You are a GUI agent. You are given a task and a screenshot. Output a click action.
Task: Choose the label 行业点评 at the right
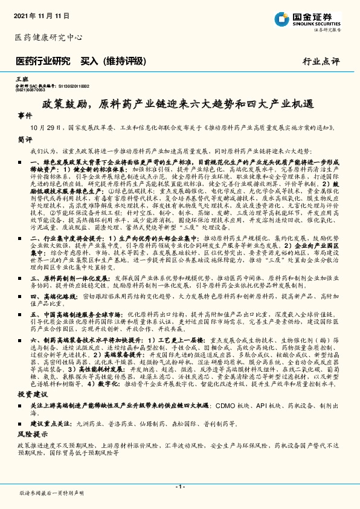[322, 62]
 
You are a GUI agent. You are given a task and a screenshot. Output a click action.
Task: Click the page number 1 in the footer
[179, 487]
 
